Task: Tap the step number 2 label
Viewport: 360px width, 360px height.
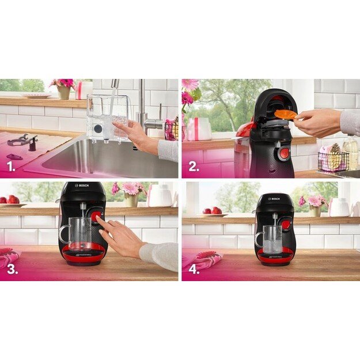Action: pos(194,168)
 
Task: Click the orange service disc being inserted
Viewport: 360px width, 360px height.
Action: pos(285,114)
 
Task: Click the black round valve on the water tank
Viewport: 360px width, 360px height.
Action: pos(97,129)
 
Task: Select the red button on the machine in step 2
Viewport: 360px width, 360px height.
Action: pos(283,154)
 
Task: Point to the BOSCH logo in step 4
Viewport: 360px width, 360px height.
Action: pos(274,199)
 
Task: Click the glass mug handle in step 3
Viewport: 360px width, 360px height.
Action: pos(63,234)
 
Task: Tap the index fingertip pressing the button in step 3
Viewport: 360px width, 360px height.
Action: pos(98,218)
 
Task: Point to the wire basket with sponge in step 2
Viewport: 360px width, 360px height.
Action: pos(332,161)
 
